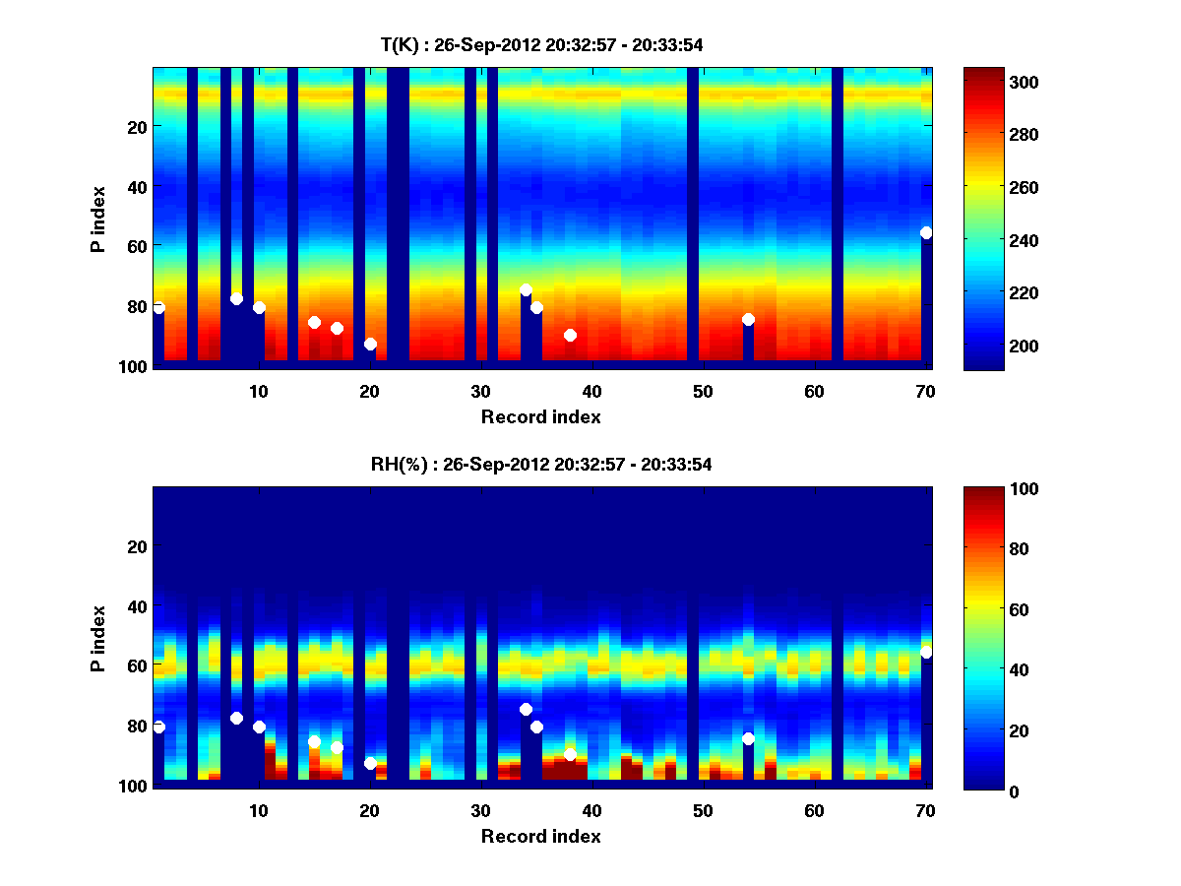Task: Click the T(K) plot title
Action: [541, 44]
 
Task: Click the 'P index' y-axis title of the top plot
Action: [98, 217]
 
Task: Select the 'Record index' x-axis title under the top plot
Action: [541, 416]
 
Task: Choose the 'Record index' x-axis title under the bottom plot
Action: [541, 836]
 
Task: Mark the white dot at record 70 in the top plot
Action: [926, 232]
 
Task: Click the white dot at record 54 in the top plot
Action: [748, 319]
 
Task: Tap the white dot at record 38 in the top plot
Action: [570, 335]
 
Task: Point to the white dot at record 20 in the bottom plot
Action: [370, 763]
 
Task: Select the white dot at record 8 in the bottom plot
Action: [236, 718]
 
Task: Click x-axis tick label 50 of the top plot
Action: [703, 390]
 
